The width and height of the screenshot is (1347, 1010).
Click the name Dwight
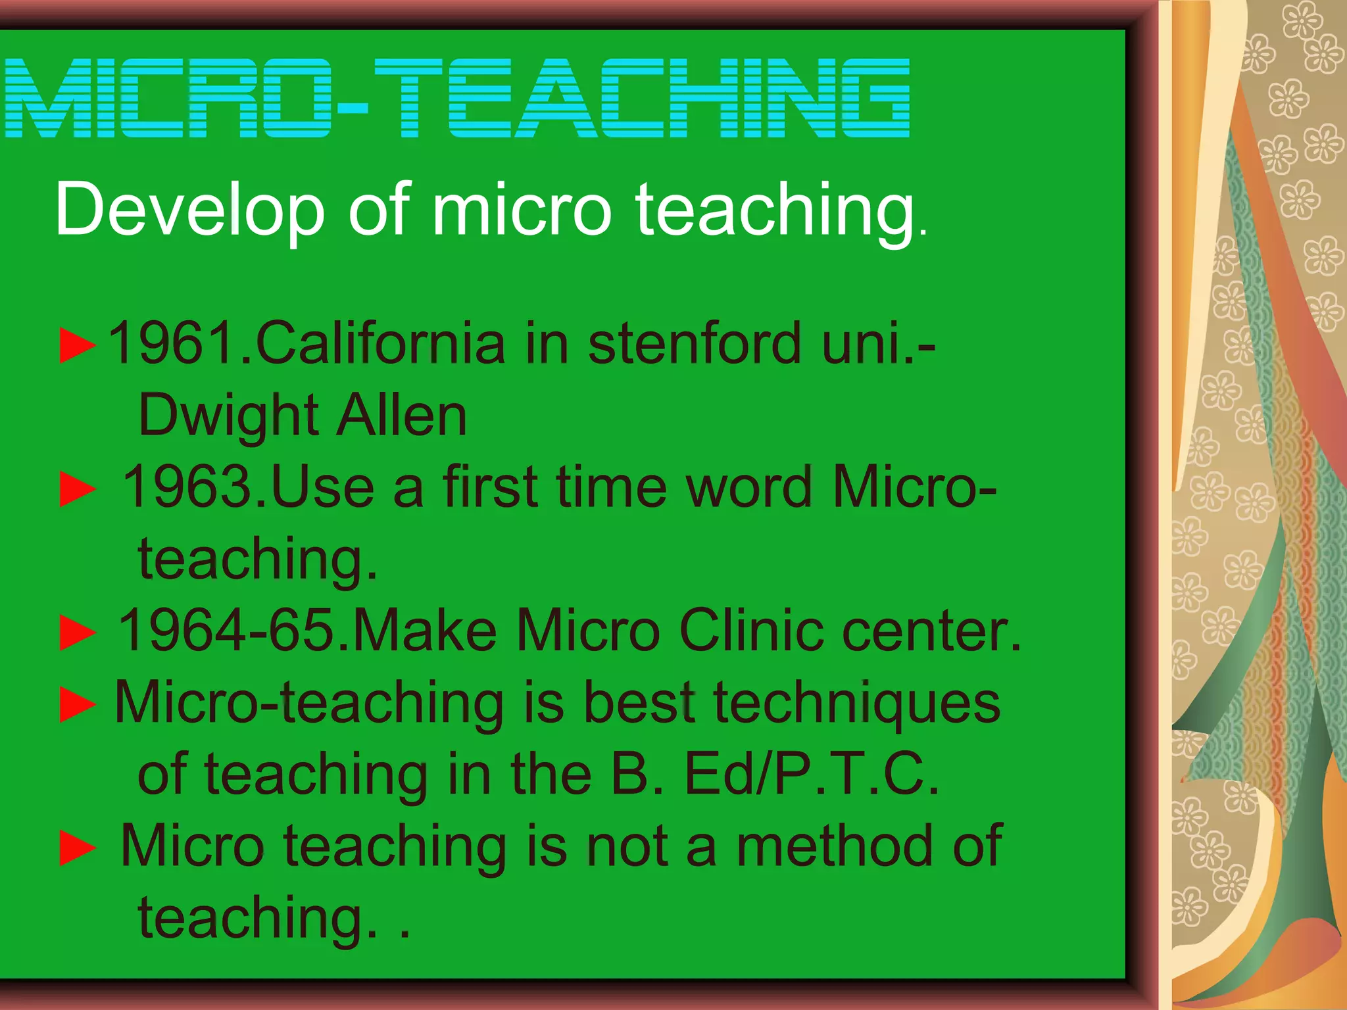pyautogui.click(x=228, y=416)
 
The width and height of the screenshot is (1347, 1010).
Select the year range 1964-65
pyautogui.click(x=227, y=630)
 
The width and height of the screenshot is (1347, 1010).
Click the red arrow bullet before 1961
pyautogui.click(x=77, y=345)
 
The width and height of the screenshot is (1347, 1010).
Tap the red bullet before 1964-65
pyautogui.click(x=77, y=632)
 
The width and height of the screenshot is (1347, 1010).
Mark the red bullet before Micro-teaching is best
pyautogui.click(x=77, y=704)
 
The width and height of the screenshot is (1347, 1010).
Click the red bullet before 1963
pyautogui.click(x=77, y=489)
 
